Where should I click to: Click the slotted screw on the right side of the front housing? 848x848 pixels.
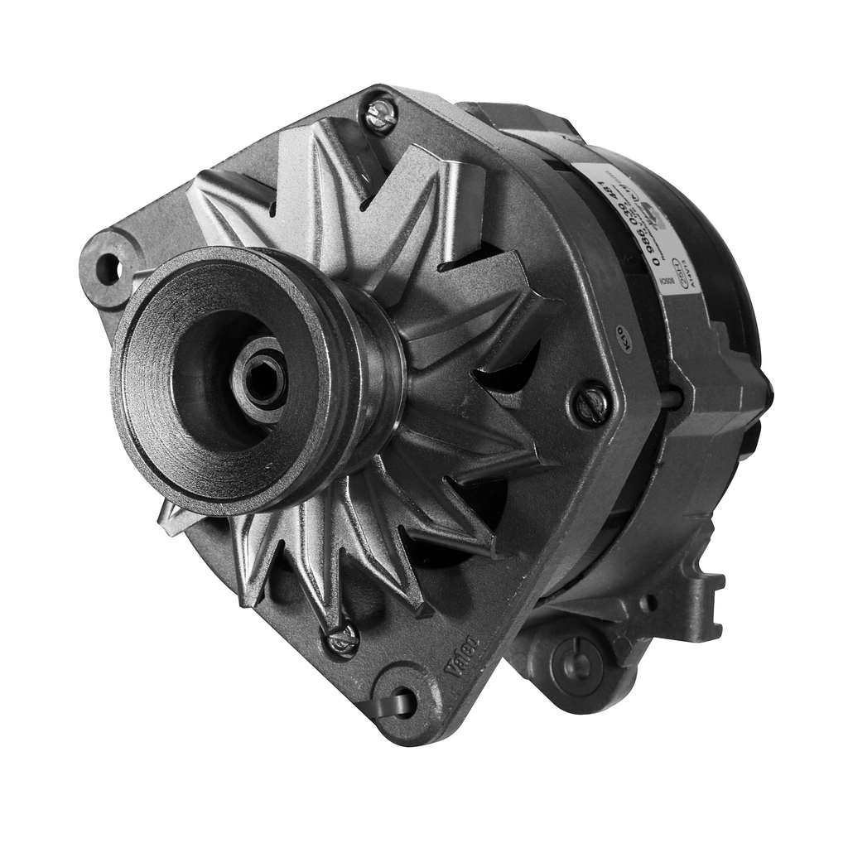click(592, 404)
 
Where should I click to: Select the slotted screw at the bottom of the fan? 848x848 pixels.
click(343, 638)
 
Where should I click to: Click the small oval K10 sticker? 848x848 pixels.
click(624, 341)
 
